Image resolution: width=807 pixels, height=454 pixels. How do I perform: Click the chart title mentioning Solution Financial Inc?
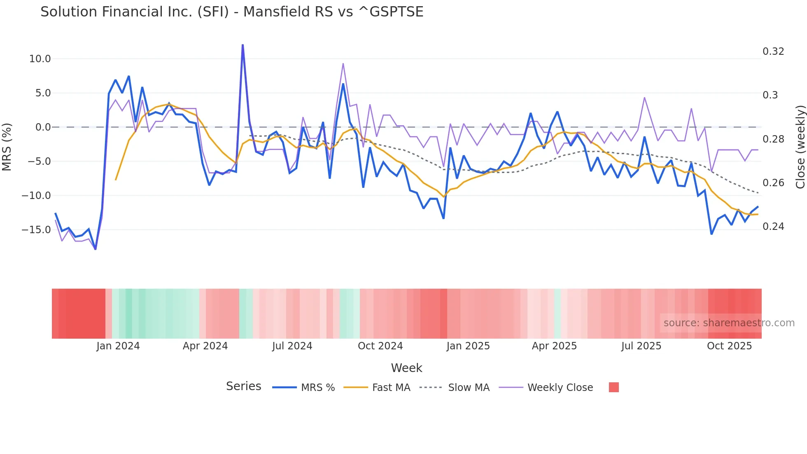232,12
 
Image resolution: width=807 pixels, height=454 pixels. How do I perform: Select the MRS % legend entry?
317,388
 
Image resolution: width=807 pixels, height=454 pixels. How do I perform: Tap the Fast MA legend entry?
391,388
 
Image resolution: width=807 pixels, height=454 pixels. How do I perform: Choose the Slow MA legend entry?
469,388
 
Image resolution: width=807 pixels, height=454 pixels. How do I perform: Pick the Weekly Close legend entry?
560,388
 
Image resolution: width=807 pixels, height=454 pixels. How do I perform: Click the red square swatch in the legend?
613,387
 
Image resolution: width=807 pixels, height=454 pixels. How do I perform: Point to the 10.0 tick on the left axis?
40,59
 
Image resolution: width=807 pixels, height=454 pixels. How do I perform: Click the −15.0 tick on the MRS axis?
36,230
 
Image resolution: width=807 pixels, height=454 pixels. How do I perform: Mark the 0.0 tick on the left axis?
43,127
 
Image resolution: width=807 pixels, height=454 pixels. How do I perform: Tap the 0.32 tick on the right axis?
773,51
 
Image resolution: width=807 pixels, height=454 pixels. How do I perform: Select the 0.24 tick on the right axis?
773,227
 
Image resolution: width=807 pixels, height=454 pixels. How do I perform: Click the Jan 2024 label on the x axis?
118,346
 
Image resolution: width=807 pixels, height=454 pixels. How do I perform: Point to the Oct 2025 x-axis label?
729,346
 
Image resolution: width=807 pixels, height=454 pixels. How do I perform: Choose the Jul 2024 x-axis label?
292,346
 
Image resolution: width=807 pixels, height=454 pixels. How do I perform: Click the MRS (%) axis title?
7,147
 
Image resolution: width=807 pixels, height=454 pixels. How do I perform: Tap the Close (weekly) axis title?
800,147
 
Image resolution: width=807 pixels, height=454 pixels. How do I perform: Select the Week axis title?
406,368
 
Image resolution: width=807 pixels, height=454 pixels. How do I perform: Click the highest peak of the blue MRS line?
243,45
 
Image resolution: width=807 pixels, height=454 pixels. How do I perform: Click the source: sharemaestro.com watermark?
729,323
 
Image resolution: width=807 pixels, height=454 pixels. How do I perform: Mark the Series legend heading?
243,386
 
